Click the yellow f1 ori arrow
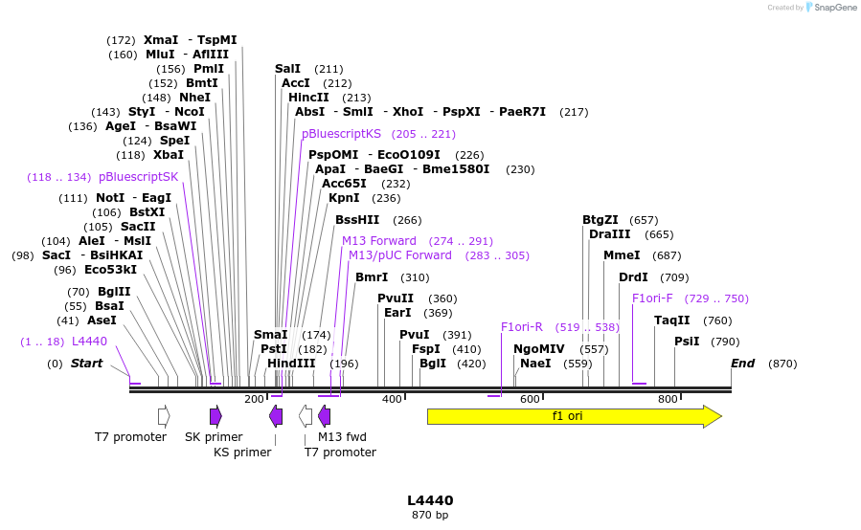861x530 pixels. (x=573, y=416)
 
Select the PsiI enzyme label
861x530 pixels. (x=687, y=342)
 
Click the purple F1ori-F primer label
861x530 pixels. (x=652, y=298)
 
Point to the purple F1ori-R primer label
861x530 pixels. (x=522, y=327)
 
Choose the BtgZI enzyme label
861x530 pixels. (x=600, y=220)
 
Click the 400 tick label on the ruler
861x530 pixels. (x=392, y=399)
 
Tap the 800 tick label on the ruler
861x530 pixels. (x=668, y=399)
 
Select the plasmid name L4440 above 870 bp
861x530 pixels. (x=430, y=500)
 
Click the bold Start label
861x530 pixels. (x=86, y=364)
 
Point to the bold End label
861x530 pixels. (x=743, y=364)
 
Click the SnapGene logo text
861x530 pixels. (x=833, y=8)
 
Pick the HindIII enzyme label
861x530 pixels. (x=291, y=364)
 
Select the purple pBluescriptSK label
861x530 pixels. (x=139, y=177)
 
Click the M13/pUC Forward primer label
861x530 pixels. (x=400, y=255)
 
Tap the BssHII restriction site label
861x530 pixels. (x=357, y=220)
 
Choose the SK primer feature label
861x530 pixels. (x=214, y=437)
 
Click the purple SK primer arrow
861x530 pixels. (x=215, y=415)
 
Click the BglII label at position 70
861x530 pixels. (x=114, y=292)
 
